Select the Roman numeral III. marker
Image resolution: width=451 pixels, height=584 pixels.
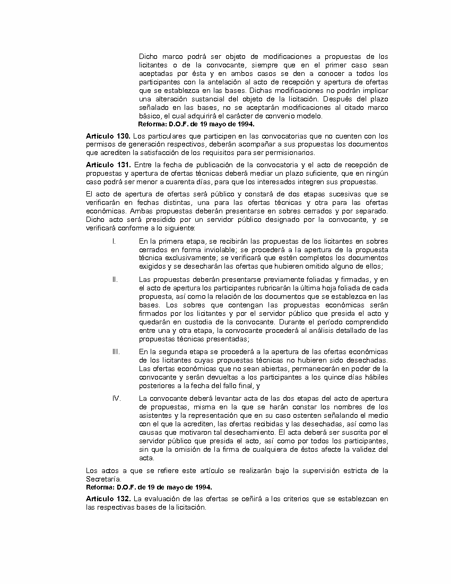pyautogui.click(x=116, y=352)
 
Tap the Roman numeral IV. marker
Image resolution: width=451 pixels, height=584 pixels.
pyautogui.click(x=116, y=399)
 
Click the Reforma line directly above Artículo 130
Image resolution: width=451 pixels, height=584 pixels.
pyautogui.click(x=196, y=124)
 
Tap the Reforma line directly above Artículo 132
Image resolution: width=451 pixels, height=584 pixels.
pyautogui.click(x=149, y=487)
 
